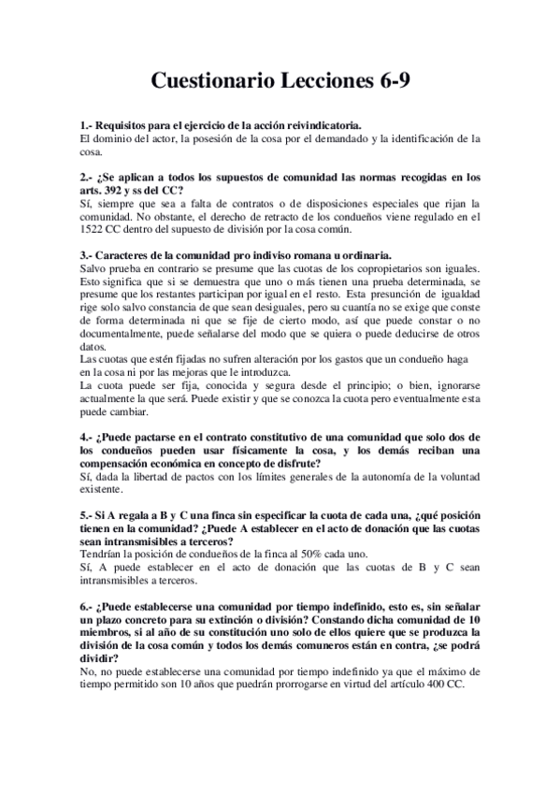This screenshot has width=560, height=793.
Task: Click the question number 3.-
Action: [87, 255]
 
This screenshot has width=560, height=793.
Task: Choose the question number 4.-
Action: [87, 439]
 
